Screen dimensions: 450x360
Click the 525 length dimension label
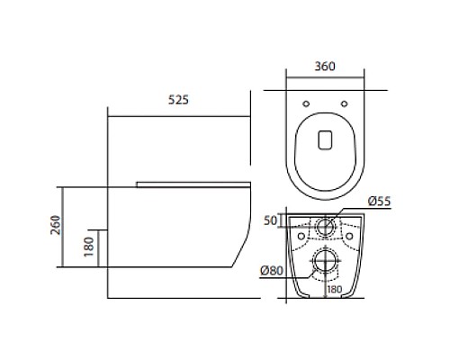click(178, 100)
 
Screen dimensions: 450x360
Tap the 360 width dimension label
click(325, 67)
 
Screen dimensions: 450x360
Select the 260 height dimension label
click(56, 225)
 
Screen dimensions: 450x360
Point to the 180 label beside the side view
click(89, 247)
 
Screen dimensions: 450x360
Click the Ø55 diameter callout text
click(380, 202)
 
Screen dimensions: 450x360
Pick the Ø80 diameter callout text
click(272, 271)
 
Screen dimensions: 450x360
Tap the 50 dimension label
click(270, 220)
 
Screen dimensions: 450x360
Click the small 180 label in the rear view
click(335, 290)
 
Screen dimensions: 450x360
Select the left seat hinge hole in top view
click(306, 103)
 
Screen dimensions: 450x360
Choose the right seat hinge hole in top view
click(345, 103)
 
